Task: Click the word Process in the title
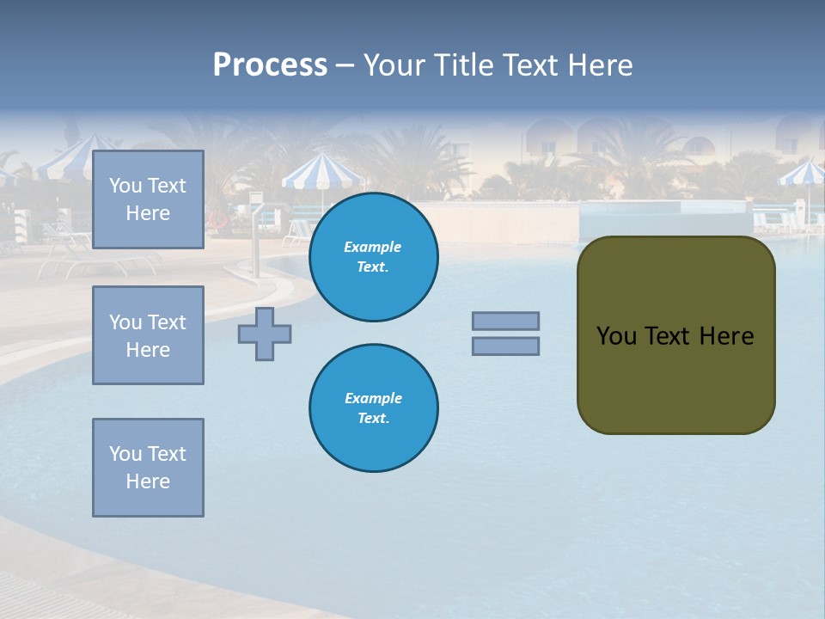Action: [x=270, y=65]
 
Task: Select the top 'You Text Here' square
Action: [x=148, y=199]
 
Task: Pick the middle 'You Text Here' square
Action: [x=148, y=335]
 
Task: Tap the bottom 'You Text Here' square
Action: [x=148, y=467]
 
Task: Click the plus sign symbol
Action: [x=265, y=334]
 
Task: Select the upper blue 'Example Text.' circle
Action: [x=373, y=257]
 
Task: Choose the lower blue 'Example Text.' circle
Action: [x=373, y=408]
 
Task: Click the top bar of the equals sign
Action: [x=505, y=322]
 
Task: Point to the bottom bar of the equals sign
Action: [x=505, y=346]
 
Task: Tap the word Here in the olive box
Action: [x=726, y=336]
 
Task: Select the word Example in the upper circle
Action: [x=373, y=247]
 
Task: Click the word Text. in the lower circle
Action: [x=373, y=418]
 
